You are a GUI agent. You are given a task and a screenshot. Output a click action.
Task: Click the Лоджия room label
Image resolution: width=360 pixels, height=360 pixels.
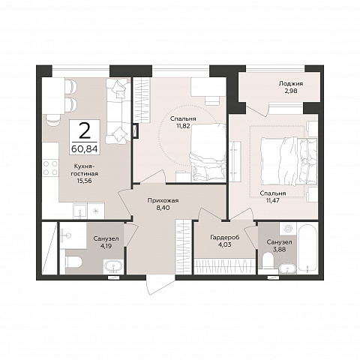point(291,84)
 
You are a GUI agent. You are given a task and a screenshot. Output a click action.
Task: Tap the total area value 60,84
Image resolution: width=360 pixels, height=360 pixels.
point(84,149)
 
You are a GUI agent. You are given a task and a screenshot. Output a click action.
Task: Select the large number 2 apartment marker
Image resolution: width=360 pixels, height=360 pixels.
point(84,131)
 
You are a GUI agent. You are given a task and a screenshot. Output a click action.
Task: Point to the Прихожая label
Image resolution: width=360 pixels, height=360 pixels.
point(163,200)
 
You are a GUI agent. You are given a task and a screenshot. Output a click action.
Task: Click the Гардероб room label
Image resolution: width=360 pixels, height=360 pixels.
point(225,237)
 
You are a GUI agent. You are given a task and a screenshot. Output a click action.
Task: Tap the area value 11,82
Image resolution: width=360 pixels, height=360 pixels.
point(184,126)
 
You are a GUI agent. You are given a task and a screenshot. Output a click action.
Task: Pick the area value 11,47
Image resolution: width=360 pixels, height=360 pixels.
point(273,200)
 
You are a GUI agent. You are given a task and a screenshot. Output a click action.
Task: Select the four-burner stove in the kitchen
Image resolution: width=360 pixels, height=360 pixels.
point(50,168)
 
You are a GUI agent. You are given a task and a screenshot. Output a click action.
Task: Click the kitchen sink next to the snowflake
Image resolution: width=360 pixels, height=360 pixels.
point(79,211)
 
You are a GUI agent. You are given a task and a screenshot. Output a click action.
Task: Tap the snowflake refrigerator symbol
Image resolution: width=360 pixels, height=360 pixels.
point(95,211)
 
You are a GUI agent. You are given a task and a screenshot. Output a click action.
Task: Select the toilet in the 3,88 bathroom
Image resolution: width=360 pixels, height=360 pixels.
point(268,261)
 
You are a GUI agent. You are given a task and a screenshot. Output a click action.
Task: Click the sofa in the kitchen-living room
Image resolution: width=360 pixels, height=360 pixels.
point(118,110)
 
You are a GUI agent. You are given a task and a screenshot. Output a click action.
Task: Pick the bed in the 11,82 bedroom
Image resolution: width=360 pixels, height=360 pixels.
point(208,152)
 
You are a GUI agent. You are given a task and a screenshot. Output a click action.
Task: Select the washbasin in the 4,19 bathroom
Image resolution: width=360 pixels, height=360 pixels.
point(113,267)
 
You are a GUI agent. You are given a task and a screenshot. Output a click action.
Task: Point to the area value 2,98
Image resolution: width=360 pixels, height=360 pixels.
point(291,91)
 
